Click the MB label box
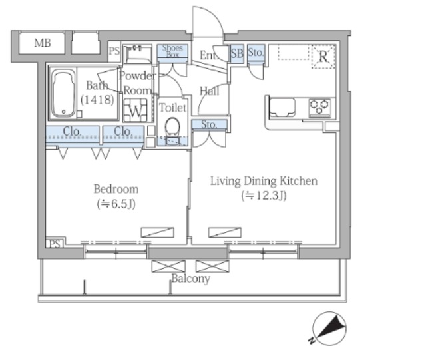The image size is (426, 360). (42, 43)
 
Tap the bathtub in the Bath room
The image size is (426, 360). (63, 93)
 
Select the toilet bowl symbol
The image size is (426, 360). (172, 126)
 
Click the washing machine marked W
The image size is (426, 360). (135, 110)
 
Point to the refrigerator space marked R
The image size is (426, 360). (323, 57)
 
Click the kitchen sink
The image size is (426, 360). (282, 108)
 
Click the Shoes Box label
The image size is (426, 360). (172, 51)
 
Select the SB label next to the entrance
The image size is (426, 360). (237, 53)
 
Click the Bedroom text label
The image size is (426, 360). (116, 189)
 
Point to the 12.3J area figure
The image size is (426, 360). (264, 196)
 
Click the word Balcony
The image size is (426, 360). (191, 279)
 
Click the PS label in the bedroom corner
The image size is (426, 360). (55, 244)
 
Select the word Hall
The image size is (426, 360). (209, 91)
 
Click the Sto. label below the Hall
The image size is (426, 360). (209, 124)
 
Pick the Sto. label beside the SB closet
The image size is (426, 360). (256, 52)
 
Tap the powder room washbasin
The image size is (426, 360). (137, 55)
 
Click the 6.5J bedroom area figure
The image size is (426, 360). (116, 204)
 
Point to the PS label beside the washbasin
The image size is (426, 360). (114, 51)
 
